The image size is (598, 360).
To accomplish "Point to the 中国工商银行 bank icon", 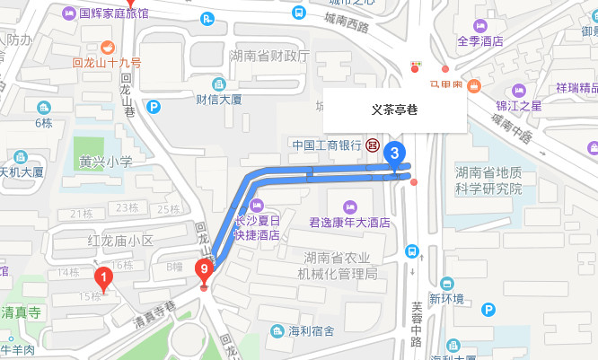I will click(372, 145).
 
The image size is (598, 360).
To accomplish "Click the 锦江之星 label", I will click(519, 105).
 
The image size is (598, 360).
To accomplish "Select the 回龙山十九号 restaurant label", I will click(107, 63).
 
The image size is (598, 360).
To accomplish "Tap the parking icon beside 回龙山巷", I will click(154, 107).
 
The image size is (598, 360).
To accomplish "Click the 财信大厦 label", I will click(219, 99).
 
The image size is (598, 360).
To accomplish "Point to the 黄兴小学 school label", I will click(105, 162).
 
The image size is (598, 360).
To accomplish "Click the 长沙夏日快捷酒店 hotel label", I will click(257, 228).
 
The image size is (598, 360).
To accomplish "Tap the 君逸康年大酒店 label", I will click(348, 221).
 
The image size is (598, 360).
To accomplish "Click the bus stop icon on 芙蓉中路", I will click(412, 252).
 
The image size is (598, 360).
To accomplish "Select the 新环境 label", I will click(446, 299).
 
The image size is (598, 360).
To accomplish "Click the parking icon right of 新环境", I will click(488, 310).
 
